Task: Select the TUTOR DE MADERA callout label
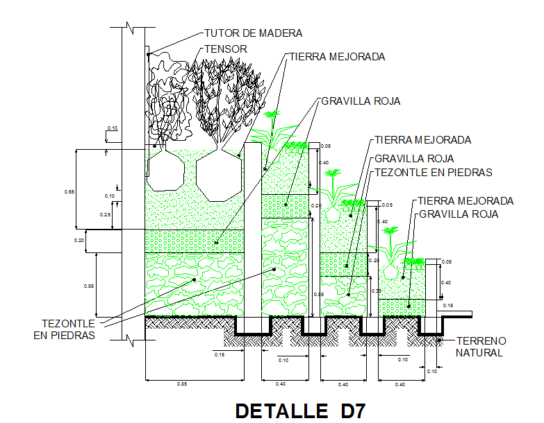[253, 33]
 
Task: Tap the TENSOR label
[226, 49]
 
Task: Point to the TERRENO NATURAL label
[480, 347]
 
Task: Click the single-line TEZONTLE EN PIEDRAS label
[433, 172]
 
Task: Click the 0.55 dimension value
[88, 286]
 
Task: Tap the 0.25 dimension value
[106, 215]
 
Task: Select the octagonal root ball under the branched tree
[218, 174]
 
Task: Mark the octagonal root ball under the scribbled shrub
[164, 171]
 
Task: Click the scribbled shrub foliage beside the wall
[167, 97]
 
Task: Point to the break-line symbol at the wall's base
[132, 339]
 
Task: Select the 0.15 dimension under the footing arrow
[219, 356]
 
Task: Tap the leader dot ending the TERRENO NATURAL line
[442, 340]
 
